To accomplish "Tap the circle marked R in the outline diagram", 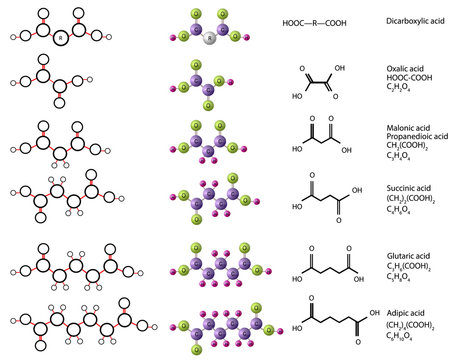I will pyautogui.click(x=62, y=38).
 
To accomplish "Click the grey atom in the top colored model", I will pyautogui.click(x=209, y=39).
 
